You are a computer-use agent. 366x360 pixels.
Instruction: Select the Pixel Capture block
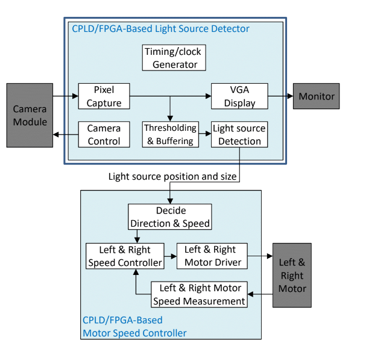(104, 96)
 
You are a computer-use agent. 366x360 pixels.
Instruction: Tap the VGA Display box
(239, 96)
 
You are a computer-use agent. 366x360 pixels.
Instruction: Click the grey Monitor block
(317, 96)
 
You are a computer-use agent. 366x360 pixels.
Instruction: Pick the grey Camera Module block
(30, 115)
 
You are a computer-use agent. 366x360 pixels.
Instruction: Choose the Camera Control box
(104, 134)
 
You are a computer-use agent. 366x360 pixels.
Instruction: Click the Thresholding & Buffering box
(171, 134)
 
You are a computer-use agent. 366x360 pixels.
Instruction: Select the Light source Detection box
(239, 134)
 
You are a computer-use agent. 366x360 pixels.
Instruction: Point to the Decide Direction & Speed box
(170, 217)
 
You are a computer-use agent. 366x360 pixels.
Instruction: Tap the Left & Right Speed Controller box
(125, 256)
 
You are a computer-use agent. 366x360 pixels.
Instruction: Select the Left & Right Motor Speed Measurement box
(200, 294)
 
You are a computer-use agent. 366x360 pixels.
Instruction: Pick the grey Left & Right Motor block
(292, 275)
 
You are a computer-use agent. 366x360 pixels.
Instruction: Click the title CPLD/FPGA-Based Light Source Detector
(160, 28)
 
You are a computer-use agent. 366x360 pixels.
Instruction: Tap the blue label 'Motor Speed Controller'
(134, 333)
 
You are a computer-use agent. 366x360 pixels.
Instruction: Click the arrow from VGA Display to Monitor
(280, 96)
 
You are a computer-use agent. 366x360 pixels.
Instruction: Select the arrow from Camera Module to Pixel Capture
(65, 96)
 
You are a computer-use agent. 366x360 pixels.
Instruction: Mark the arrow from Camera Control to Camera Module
(65, 134)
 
